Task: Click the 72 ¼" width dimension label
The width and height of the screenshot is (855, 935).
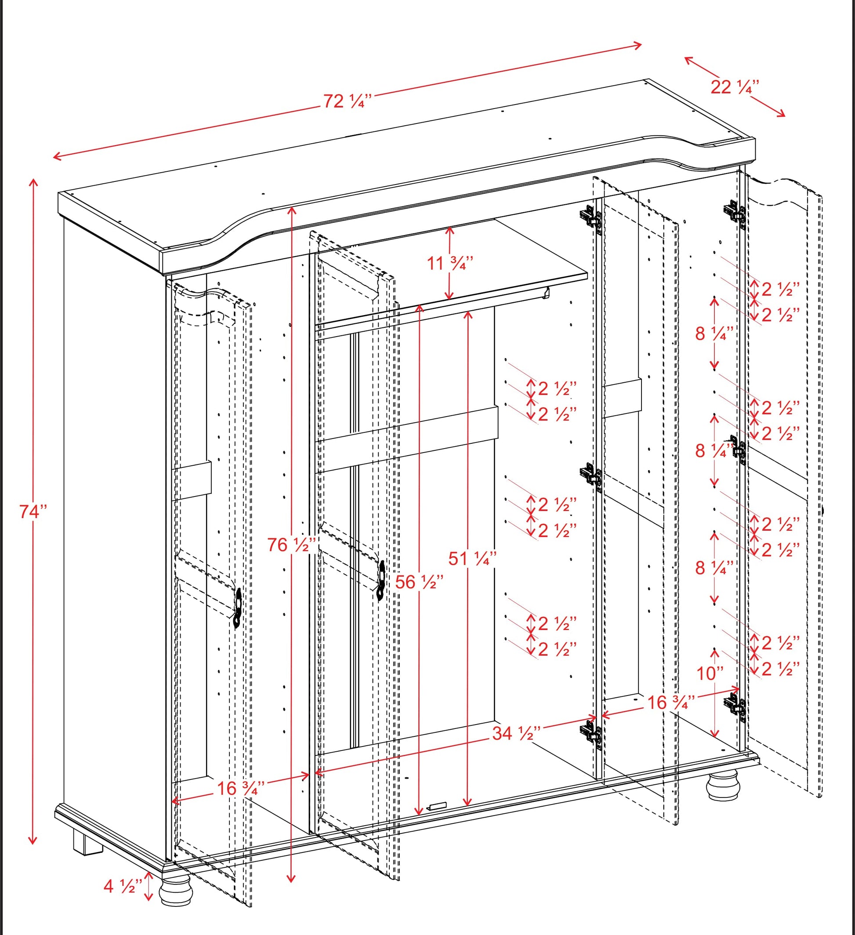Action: coord(347,101)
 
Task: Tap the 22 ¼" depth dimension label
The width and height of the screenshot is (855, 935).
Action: coord(735,87)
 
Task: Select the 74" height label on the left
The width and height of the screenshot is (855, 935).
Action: coord(33,511)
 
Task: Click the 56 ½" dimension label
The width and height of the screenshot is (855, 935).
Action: coord(419,582)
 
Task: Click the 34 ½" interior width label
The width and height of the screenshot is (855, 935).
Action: coord(517,733)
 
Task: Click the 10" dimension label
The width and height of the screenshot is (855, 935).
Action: coord(710,674)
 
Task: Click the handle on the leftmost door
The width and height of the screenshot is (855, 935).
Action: coord(238,608)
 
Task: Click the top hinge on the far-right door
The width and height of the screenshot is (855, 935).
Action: coord(735,211)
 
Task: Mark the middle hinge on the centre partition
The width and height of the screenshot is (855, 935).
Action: coord(591,475)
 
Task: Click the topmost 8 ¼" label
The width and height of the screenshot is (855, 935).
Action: coord(714,333)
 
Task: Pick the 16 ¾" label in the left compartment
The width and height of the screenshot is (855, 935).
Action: coord(241,788)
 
